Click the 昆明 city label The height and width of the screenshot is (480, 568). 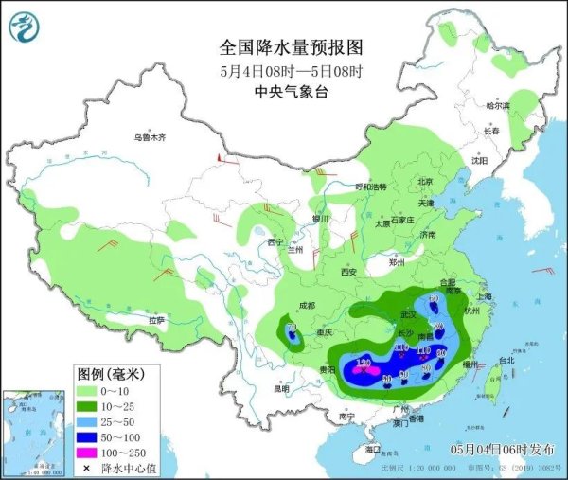point(281,389)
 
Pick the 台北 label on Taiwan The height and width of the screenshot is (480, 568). point(506,360)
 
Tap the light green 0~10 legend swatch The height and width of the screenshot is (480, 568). point(94,390)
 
